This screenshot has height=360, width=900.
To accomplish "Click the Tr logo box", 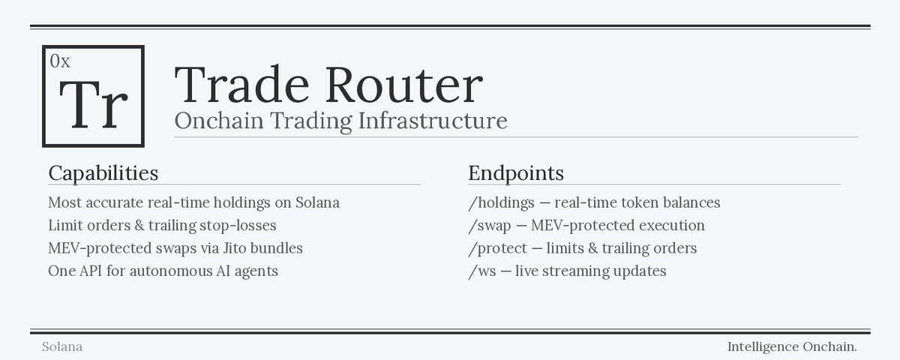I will pyautogui.click(x=94, y=96).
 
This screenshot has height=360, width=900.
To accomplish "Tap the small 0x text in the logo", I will pyautogui.click(x=60, y=62).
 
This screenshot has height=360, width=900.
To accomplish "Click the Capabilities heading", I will pyautogui.click(x=103, y=173).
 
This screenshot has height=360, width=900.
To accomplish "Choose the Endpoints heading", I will pyautogui.click(x=516, y=173).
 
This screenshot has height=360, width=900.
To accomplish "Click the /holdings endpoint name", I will pyautogui.click(x=501, y=202).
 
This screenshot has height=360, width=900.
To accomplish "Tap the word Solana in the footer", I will pyautogui.click(x=62, y=347).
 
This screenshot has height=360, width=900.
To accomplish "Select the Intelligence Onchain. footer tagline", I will pyautogui.click(x=792, y=347).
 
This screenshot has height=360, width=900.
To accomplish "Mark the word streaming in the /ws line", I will pyautogui.click(x=577, y=271).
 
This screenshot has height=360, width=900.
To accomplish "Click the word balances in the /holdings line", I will pyautogui.click(x=688, y=202).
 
